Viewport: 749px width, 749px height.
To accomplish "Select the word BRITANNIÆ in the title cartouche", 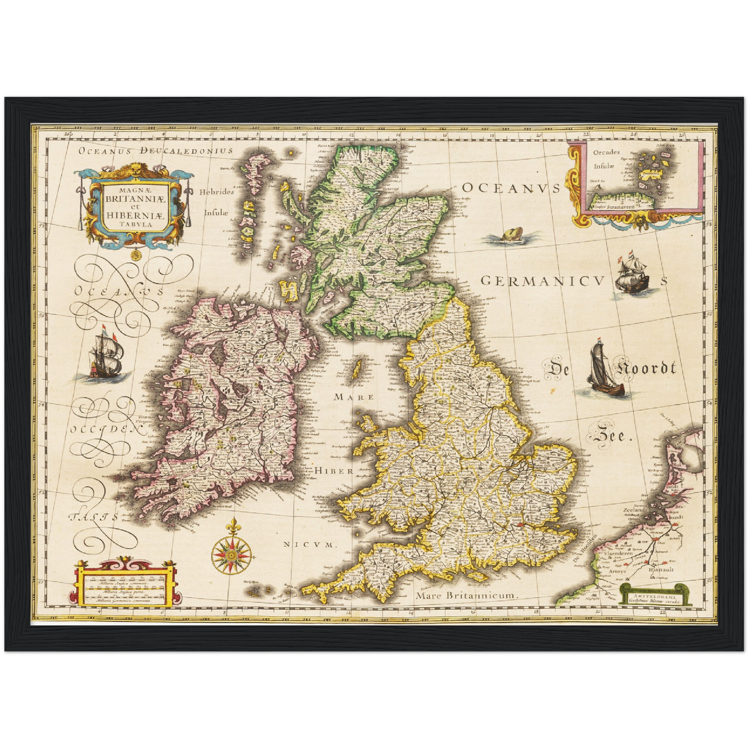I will [x=135, y=198].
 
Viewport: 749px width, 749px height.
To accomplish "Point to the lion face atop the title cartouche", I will [x=135, y=169].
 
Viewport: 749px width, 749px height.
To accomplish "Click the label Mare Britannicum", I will [x=467, y=596].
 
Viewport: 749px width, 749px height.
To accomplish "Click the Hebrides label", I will [x=217, y=192].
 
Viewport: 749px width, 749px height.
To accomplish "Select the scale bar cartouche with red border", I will [x=126, y=583].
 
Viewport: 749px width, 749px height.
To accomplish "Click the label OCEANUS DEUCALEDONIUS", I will [x=156, y=151].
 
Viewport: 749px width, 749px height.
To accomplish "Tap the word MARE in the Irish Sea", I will [x=354, y=397].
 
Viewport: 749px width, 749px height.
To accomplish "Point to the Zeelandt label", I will [x=635, y=510].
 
